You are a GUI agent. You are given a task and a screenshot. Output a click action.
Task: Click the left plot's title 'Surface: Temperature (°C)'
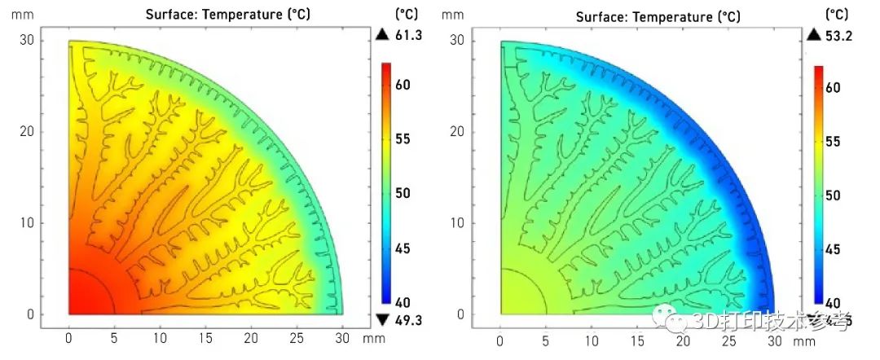(228, 15)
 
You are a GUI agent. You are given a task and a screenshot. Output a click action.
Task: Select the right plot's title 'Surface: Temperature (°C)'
(658, 16)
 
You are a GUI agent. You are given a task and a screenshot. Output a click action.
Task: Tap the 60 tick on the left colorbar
(403, 85)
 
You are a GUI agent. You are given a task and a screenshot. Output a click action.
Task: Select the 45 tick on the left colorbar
(403, 248)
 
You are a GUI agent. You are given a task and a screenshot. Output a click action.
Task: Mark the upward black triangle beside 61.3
(382, 34)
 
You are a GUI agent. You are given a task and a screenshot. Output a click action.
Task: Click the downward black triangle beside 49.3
(382, 318)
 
